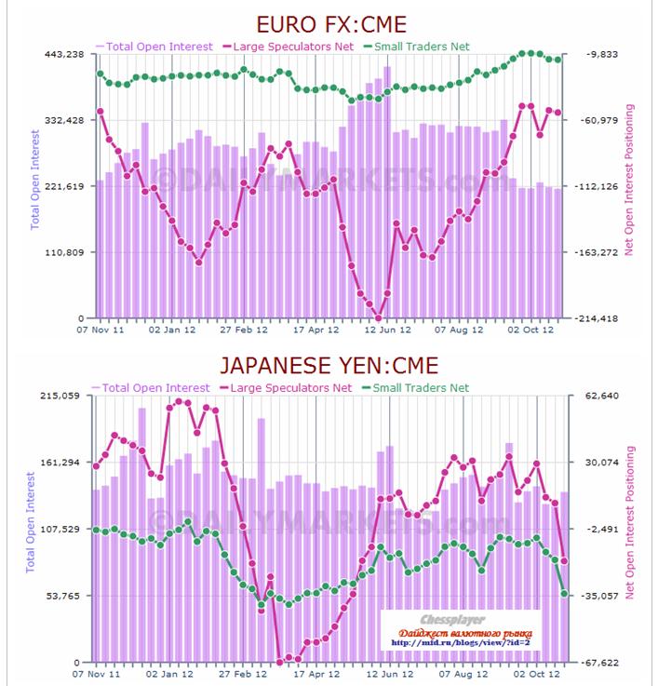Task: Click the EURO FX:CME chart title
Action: click(331, 23)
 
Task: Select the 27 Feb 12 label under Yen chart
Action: click(242, 671)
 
